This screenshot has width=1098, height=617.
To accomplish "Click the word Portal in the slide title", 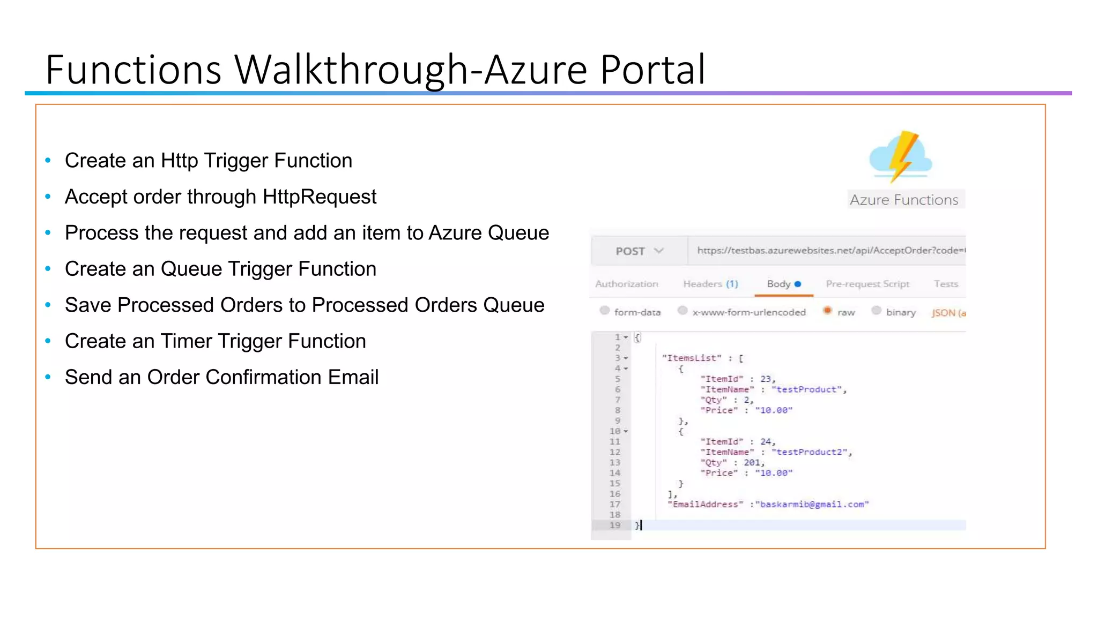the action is click(x=652, y=70).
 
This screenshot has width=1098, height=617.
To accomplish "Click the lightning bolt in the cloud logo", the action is click(x=903, y=155).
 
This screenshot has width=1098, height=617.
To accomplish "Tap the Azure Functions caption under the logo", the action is click(x=904, y=200).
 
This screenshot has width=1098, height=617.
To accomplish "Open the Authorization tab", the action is click(x=626, y=284).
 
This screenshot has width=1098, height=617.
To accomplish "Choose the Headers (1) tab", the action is click(x=710, y=284).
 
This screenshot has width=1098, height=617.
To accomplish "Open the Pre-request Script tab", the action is click(x=867, y=284).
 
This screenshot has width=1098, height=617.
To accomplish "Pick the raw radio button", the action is click(x=828, y=311).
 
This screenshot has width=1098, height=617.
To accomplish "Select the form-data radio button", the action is click(x=605, y=311).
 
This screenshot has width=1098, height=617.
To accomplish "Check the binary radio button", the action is click(x=877, y=311).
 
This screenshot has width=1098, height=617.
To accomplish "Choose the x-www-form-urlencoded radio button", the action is click(x=682, y=311).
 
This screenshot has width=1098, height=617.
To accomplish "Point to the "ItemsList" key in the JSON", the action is click(x=692, y=358).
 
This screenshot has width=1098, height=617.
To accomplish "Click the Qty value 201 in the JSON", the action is click(x=752, y=463).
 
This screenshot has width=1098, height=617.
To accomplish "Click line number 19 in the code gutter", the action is click(x=615, y=525).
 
